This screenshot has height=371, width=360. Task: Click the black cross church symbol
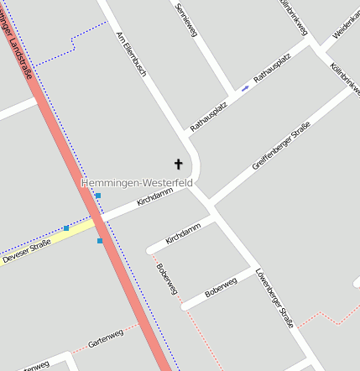tap(178, 164)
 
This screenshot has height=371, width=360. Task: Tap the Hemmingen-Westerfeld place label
tap(137, 182)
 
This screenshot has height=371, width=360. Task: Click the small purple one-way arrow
tap(245, 86)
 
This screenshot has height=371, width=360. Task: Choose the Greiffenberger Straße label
tap(281, 146)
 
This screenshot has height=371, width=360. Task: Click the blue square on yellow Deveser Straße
tap(66, 228)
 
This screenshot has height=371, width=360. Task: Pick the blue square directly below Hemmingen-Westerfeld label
tap(98, 196)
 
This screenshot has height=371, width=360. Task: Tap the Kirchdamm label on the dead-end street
tap(184, 233)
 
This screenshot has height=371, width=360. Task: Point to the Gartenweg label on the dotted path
tap(106, 338)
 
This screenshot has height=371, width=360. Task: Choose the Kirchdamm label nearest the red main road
tap(154, 197)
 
